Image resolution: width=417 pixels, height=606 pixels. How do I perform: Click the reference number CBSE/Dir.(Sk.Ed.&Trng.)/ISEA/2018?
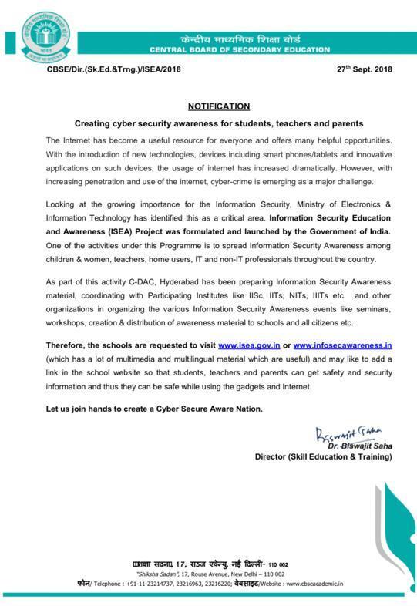[113, 70]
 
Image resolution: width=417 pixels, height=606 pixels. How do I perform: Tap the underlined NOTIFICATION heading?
[219, 106]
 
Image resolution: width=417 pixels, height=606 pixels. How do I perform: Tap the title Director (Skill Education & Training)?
[323, 457]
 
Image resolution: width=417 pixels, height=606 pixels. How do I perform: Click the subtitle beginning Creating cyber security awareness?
[219, 123]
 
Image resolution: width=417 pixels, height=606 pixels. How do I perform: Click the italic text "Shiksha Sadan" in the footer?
[157, 574]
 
